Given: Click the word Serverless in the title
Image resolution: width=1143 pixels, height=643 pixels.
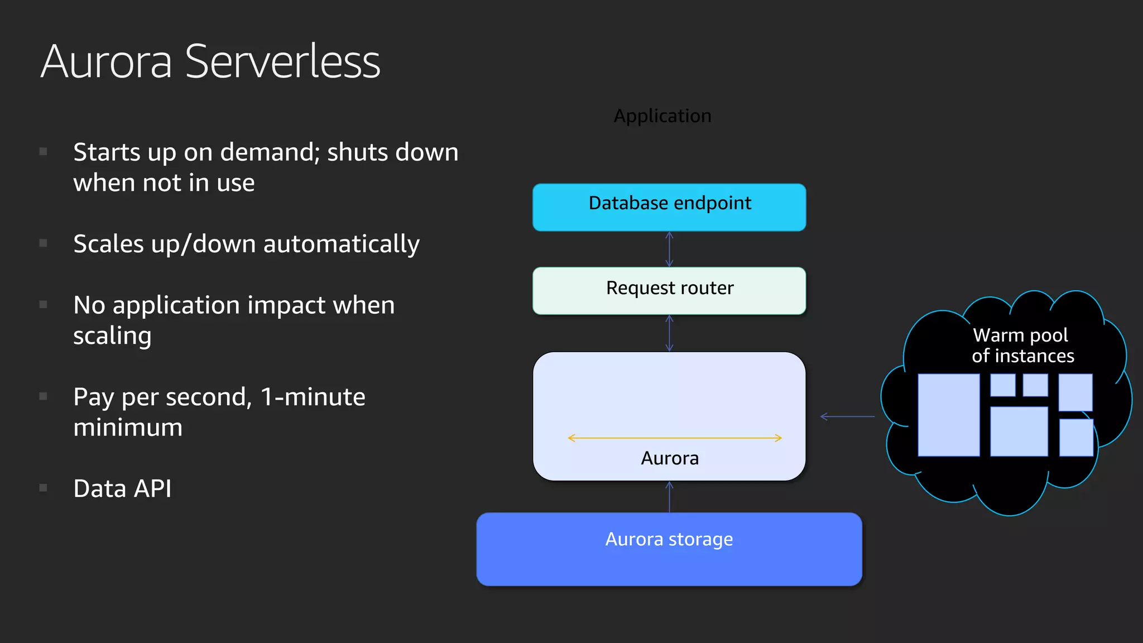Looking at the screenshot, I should point(282,61).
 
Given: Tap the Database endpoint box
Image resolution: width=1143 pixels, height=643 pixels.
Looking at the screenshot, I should point(669,207).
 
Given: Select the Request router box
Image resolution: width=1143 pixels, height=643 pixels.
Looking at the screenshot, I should point(669,290).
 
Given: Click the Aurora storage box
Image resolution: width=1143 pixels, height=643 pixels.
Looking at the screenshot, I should point(669,549).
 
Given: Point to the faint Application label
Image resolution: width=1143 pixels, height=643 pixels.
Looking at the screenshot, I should point(662,116).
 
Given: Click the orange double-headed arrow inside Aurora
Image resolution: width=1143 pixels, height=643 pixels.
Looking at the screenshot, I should point(674,438).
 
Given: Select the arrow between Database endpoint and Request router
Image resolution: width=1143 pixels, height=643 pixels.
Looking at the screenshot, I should point(669,249).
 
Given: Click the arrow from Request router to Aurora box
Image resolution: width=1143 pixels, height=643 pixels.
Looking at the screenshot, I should point(669,333).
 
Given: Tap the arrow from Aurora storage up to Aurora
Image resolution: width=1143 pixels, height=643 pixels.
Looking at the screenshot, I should point(669,497).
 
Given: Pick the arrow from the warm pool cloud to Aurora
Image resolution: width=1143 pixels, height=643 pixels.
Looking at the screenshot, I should point(848,416).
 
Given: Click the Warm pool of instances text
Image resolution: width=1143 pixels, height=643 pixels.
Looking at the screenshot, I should point(1022,346).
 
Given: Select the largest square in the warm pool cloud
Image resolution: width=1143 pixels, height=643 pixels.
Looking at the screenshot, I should point(949,415).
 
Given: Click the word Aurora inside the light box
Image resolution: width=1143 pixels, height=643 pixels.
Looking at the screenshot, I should point(670,458).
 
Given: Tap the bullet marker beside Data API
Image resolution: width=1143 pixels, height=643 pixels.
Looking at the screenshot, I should point(44,488).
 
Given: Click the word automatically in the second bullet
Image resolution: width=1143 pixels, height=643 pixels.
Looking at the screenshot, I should point(341,244).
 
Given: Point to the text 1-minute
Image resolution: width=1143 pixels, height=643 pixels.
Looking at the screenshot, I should point(313,397).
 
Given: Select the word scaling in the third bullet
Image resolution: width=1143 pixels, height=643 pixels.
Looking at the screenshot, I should point(112,336).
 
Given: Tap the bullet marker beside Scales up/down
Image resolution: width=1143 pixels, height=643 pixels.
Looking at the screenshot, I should point(44,243).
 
